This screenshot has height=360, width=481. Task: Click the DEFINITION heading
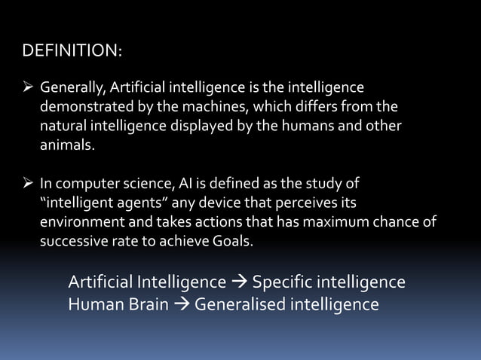pyautogui.click(x=72, y=51)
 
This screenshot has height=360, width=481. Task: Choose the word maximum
pyautogui.click(x=337, y=224)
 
